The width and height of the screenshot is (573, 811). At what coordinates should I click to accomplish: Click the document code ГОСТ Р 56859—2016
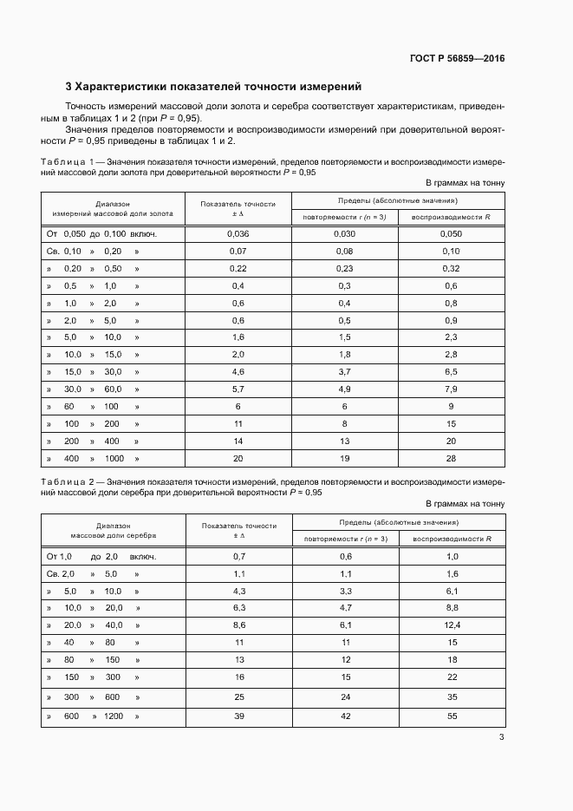coord(456,59)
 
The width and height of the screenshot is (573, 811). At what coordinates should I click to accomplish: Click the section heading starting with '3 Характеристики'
coord(213,87)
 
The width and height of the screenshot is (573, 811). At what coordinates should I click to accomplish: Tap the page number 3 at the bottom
coord(501,737)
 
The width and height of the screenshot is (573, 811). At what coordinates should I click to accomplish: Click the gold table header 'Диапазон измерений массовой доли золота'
coord(114,207)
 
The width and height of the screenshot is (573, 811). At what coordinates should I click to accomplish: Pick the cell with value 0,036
coord(238,233)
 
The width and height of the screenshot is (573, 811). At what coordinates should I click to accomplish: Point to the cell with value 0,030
coord(344,233)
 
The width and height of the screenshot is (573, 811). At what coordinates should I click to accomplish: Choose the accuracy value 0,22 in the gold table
coord(238,268)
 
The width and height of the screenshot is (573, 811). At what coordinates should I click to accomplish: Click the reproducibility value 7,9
coord(451,389)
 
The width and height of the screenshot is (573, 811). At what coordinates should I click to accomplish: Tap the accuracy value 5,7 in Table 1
coord(238,389)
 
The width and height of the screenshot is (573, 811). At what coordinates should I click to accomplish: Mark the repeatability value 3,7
coord(344,371)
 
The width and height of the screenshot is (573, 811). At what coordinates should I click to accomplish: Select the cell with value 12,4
coord(451,625)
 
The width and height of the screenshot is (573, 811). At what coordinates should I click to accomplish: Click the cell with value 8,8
coord(451,607)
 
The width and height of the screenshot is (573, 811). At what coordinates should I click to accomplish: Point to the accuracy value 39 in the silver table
coord(238,716)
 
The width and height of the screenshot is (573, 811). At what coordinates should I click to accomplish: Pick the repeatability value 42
coord(345,716)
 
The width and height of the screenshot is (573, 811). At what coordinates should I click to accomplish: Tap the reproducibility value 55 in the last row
coord(451,716)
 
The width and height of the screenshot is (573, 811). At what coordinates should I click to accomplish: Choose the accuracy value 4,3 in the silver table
coord(238,591)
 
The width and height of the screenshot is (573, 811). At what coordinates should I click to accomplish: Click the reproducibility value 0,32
coord(451,268)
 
